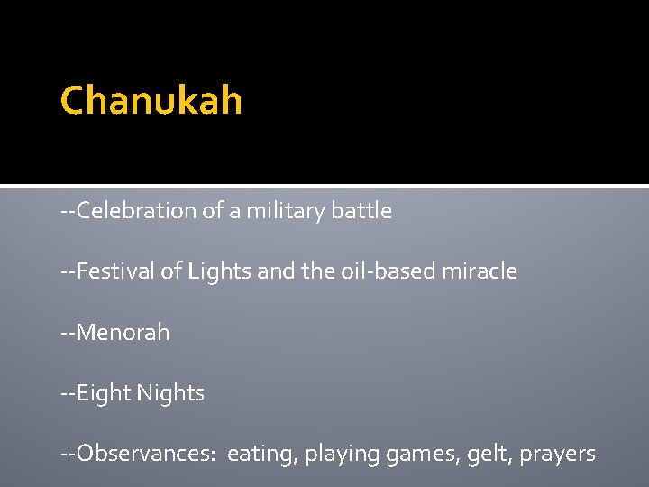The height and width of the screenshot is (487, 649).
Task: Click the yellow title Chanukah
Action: click(151, 101)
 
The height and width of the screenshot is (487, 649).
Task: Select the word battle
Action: click(362, 211)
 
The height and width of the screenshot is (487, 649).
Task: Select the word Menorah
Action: click(123, 333)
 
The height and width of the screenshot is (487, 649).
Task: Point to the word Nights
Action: click(170, 393)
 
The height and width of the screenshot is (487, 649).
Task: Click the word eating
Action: click(262, 455)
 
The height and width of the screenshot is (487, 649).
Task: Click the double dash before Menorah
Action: click(68, 334)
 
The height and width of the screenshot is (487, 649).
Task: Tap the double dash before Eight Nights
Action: click(68, 394)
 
